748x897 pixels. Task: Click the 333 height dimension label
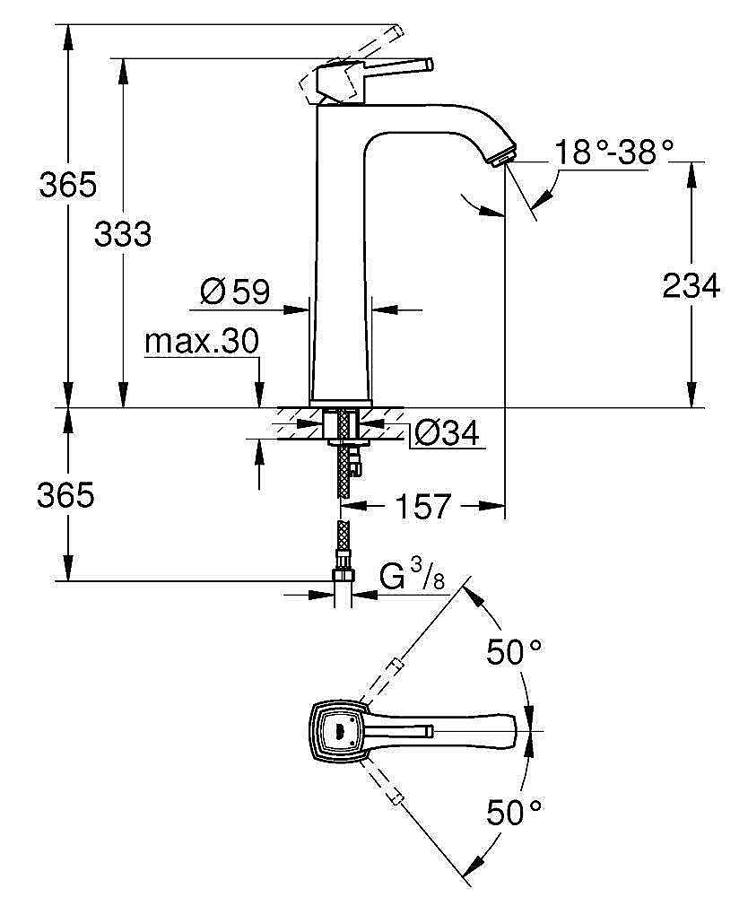click(124, 235)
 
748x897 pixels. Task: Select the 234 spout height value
click(690, 286)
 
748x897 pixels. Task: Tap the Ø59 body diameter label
click(236, 290)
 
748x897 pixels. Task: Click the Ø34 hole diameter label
click(447, 434)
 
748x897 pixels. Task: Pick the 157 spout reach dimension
click(422, 507)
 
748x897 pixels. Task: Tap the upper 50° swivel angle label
click(515, 652)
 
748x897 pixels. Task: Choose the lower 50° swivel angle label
click(515, 814)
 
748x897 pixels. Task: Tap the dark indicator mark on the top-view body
click(338, 729)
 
